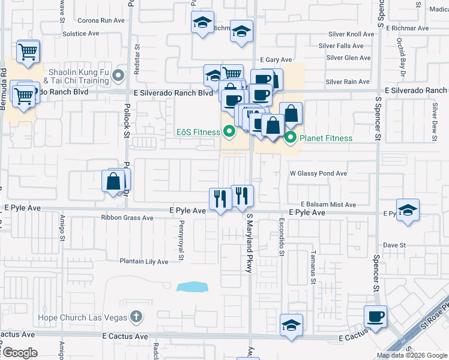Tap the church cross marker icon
point(136,317)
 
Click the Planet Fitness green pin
point(291,138)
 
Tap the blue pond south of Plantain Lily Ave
point(194,287)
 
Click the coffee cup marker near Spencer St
point(376,316)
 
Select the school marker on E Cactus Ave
point(292,326)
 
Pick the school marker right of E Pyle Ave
point(408,210)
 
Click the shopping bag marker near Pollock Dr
point(113,181)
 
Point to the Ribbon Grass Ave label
point(127,218)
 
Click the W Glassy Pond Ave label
point(318,173)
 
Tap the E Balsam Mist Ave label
point(328,204)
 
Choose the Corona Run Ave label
point(101,20)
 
